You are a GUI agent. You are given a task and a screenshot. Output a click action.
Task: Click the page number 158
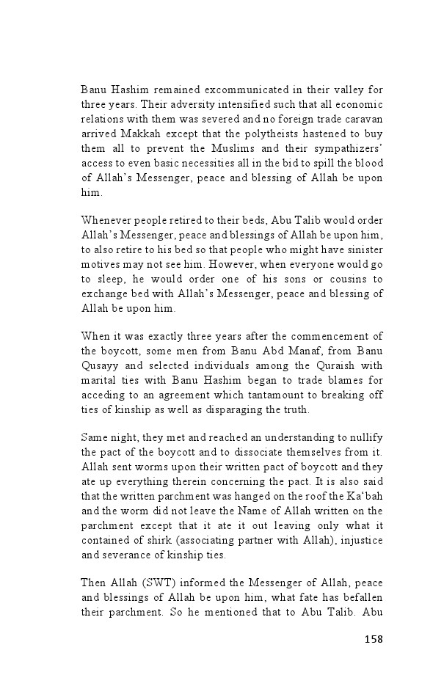pos(373,639)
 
